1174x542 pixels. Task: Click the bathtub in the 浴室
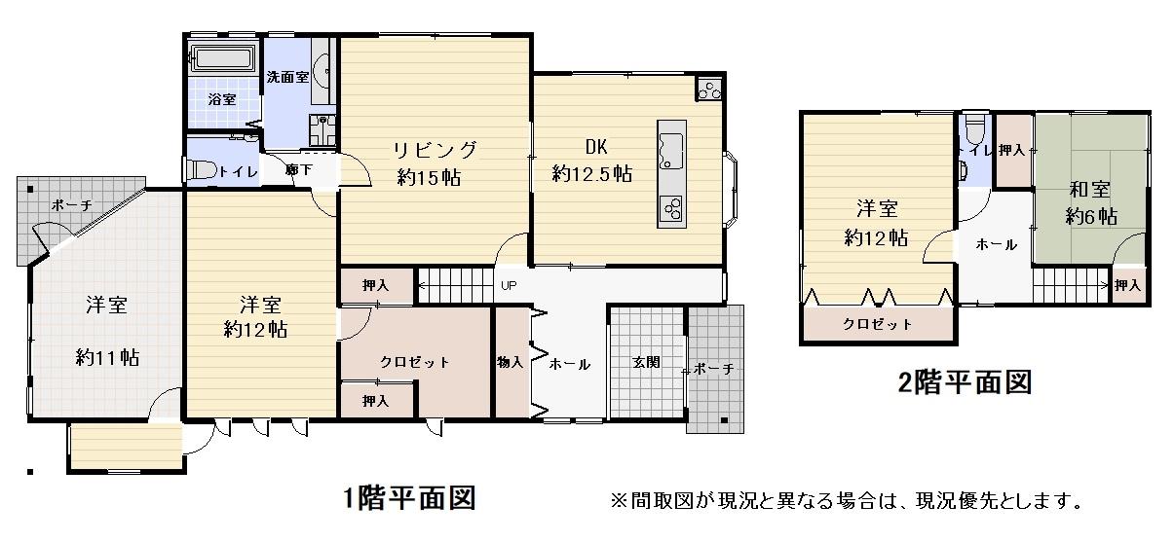pyautogui.click(x=223, y=58)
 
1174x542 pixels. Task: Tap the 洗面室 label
pyautogui.click(x=287, y=77)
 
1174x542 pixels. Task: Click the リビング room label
pyautogui.click(x=435, y=150)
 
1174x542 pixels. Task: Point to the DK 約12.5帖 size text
pyautogui.click(x=591, y=173)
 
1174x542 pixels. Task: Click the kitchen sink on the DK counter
pyautogui.click(x=672, y=150)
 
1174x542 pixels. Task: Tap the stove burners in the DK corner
pyautogui.click(x=710, y=90)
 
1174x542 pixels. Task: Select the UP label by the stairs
pyautogui.click(x=509, y=285)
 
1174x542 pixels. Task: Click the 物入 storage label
pyautogui.click(x=510, y=361)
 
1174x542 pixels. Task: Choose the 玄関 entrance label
pyautogui.click(x=646, y=362)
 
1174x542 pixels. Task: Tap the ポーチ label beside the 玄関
pyautogui.click(x=713, y=369)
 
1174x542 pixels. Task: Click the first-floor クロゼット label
pyautogui.click(x=415, y=362)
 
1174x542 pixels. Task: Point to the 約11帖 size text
pyautogui.click(x=107, y=358)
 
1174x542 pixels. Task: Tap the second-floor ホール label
pyautogui.click(x=996, y=244)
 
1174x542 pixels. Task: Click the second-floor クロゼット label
pyautogui.click(x=878, y=324)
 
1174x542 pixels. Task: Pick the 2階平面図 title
pyautogui.click(x=965, y=382)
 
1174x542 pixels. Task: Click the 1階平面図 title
pyautogui.click(x=409, y=498)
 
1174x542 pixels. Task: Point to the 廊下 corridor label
pyautogui.click(x=299, y=169)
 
